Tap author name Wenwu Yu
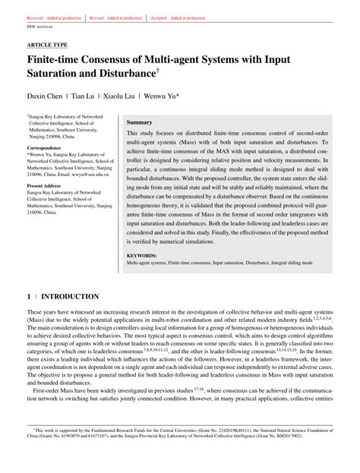pos(182,97)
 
